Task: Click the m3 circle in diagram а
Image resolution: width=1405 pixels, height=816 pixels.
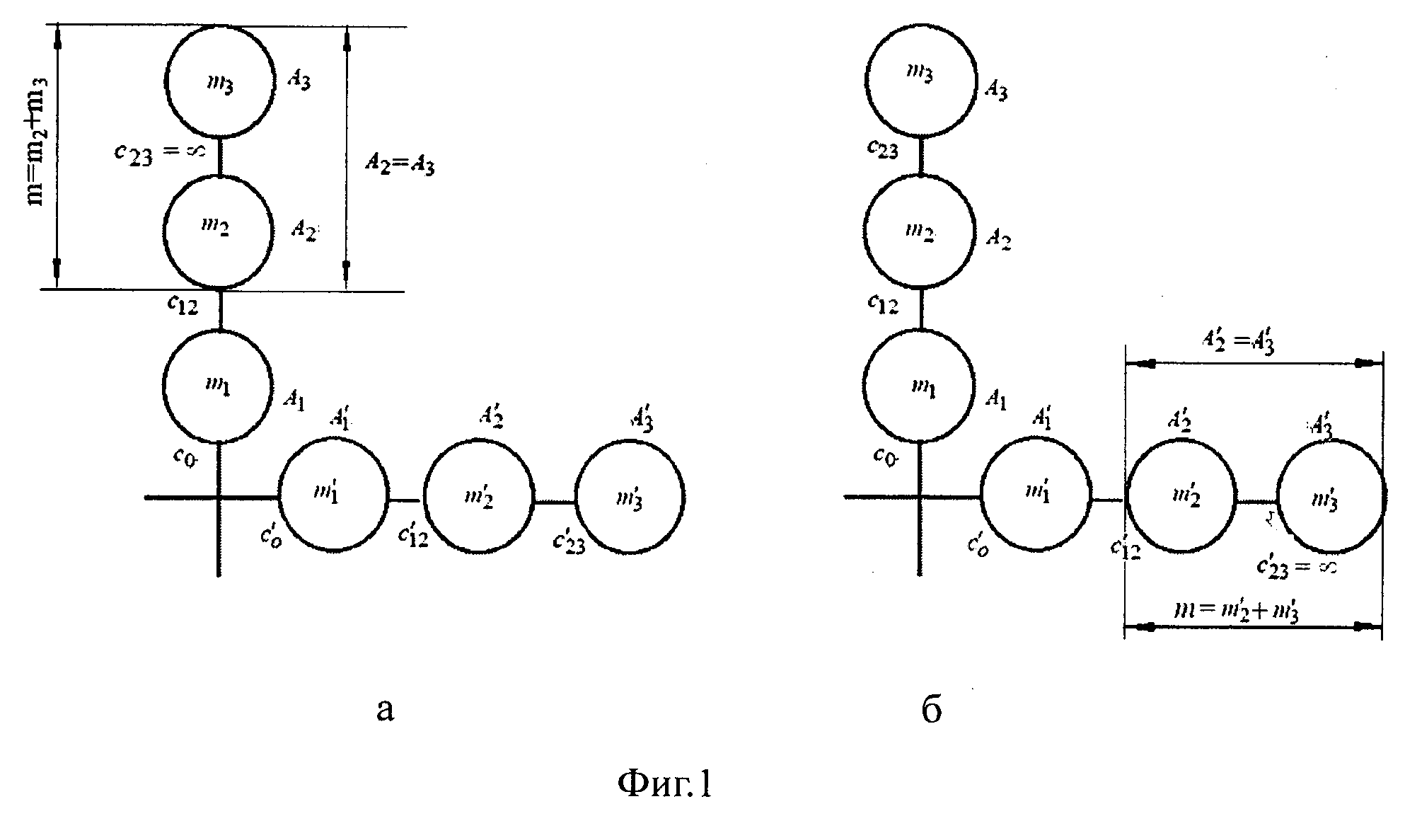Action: click(219, 81)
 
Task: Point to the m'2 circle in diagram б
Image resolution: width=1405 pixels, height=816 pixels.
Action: click(1181, 497)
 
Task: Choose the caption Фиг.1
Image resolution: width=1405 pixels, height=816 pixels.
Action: click(665, 783)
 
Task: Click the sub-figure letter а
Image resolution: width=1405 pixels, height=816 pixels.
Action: click(385, 710)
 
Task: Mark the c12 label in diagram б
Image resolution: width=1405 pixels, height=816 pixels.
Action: click(883, 304)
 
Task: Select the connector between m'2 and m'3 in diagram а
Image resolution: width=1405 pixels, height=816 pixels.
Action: click(555, 502)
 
